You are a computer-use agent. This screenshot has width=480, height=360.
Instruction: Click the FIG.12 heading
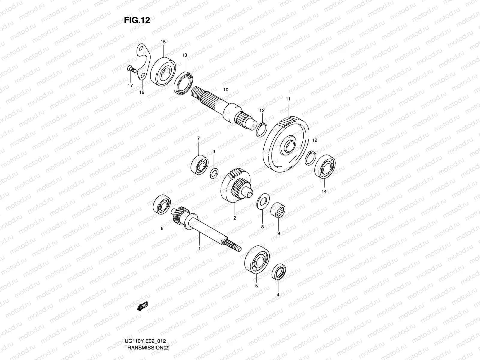[137, 20]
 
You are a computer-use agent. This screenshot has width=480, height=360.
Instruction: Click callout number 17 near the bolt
[130, 86]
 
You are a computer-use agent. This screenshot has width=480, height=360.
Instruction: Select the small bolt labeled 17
[131, 69]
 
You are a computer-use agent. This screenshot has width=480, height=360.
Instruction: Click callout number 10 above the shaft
[226, 90]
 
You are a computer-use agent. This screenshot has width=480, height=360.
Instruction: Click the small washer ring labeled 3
[214, 173]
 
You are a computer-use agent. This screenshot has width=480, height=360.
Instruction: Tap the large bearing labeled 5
[257, 260]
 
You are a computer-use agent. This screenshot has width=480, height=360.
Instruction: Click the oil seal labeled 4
[279, 272]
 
